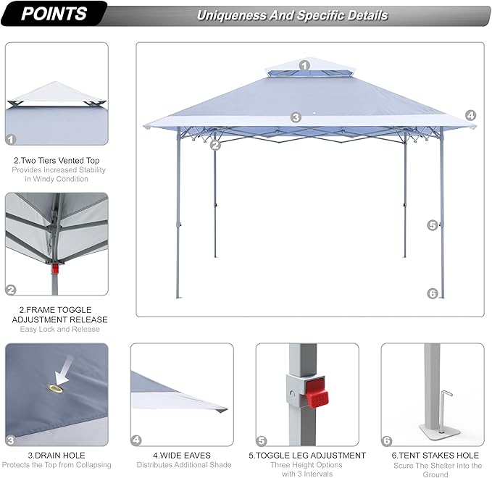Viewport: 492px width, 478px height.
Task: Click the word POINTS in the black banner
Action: tap(54, 14)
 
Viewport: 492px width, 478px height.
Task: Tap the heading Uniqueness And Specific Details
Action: tap(293, 15)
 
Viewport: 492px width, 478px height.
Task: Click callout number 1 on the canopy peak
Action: tap(304, 66)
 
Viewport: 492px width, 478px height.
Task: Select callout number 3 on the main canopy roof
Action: tap(296, 117)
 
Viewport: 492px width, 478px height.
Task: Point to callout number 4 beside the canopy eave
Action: tap(470, 115)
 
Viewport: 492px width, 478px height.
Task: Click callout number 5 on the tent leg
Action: tap(433, 225)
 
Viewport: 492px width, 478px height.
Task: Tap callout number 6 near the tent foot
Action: tap(433, 293)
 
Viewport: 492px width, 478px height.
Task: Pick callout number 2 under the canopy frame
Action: tap(215, 145)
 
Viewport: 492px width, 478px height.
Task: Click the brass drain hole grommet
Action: tap(55, 389)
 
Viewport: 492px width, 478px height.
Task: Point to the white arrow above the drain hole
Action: tap(64, 370)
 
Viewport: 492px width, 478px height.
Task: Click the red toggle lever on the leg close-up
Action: tap(317, 393)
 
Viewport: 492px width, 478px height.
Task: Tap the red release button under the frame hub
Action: tap(55, 269)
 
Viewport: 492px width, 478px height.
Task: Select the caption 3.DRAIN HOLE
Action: tap(57, 455)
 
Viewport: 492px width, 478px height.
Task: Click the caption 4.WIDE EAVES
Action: tap(182, 455)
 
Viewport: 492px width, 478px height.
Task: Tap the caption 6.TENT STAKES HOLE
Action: tap(435, 455)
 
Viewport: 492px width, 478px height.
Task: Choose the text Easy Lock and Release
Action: tap(60, 329)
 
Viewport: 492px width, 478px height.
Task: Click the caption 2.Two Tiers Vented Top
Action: tap(57, 161)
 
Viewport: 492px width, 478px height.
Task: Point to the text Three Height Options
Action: tap(307, 464)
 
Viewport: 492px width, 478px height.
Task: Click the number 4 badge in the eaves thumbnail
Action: tap(136, 440)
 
